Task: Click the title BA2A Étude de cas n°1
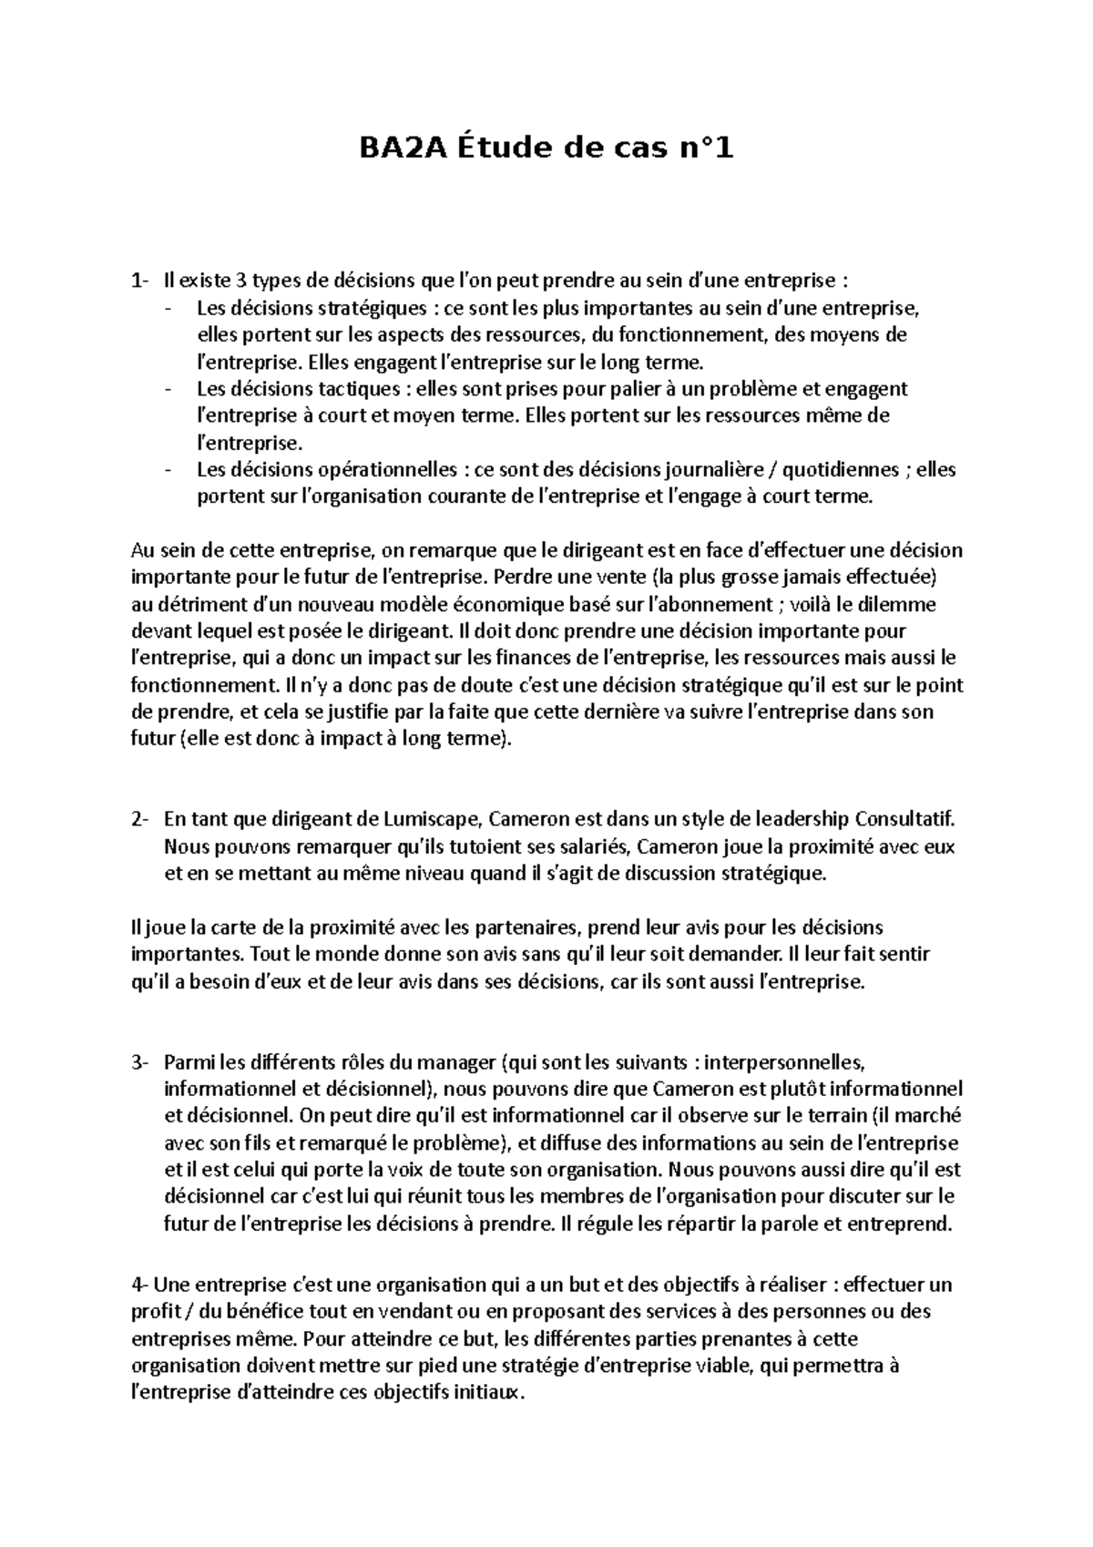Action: [545, 147]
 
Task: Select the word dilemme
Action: [904, 604]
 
